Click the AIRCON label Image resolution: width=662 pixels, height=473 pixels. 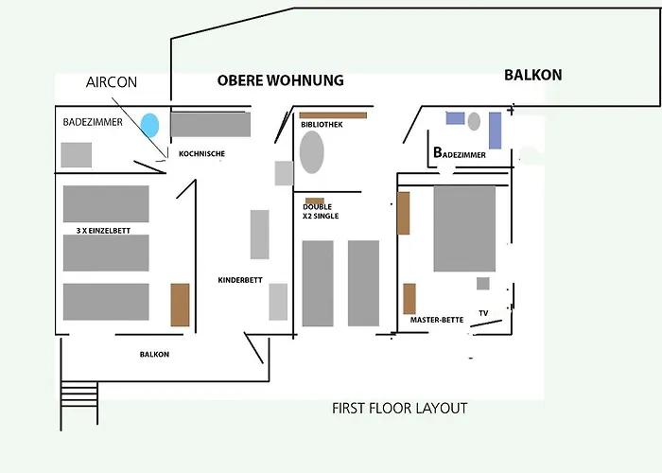point(112,82)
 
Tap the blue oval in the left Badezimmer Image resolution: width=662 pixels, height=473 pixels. point(149,126)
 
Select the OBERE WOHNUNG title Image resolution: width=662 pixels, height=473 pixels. point(280,80)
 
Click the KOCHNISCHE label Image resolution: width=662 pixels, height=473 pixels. point(201,153)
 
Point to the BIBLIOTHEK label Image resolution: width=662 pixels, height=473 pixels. point(322,125)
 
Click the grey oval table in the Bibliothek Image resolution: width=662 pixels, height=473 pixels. point(311,152)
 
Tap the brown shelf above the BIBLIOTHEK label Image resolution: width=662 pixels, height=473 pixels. point(333,115)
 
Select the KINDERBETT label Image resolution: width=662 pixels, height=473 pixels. point(240,280)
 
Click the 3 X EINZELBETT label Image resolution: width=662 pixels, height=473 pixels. point(103,231)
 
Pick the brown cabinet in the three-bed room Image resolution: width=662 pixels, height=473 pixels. point(180,305)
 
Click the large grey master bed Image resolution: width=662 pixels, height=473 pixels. point(464,229)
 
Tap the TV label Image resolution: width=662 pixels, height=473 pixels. point(483,313)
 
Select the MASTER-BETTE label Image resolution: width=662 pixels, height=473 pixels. point(437,320)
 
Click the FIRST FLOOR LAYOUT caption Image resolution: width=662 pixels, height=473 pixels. point(400,409)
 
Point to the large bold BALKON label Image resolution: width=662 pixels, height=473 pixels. point(532,75)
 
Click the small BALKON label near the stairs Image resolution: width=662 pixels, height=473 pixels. point(154,355)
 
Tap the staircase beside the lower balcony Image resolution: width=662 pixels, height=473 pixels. point(78,402)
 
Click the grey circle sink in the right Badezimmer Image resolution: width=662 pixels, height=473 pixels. point(474,122)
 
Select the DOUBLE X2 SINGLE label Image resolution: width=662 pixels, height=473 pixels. point(321,211)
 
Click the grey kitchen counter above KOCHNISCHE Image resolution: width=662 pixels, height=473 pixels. point(210,125)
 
